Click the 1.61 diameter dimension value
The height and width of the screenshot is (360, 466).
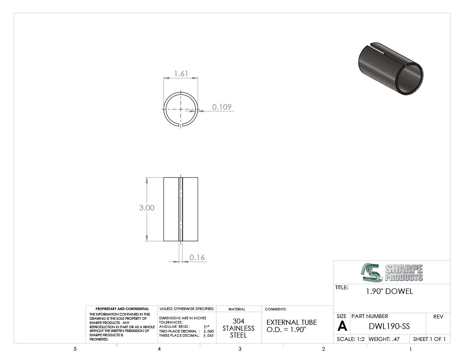(181, 73)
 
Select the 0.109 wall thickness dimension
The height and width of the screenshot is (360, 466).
(222, 107)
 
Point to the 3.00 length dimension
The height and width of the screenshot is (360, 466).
(147, 208)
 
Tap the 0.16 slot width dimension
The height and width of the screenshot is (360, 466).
(197, 257)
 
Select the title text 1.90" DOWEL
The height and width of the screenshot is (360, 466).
(389, 291)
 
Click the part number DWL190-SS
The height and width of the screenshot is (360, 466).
(389, 326)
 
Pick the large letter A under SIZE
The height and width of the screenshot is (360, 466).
(342, 327)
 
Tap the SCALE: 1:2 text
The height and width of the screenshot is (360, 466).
(351, 339)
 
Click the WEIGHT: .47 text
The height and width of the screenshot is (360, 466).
(384, 339)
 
